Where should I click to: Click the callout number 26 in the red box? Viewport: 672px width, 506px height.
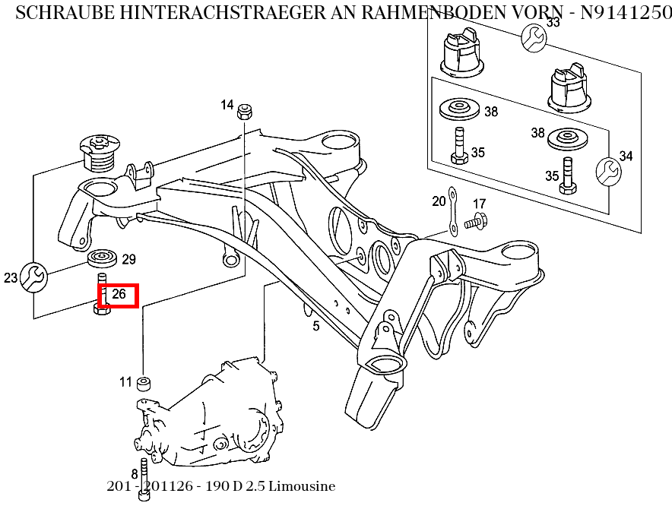tap(119, 295)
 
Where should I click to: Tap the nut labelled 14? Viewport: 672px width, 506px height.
tap(245, 111)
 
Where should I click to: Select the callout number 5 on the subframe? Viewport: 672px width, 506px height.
tap(316, 327)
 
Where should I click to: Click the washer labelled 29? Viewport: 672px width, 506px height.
tap(103, 259)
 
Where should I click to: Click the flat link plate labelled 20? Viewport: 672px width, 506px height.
tap(452, 210)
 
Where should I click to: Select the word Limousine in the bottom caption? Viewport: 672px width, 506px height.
tap(302, 486)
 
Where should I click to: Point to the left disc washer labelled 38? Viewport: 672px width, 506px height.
tap(460, 109)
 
